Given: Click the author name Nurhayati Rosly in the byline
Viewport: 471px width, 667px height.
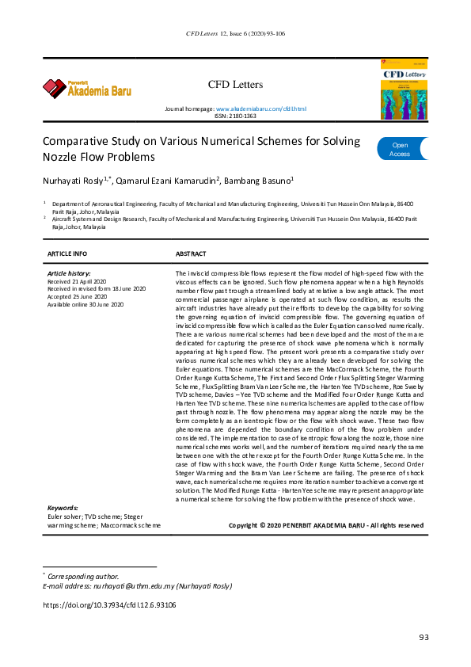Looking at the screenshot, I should click(76, 181).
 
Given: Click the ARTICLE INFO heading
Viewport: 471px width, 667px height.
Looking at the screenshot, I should click(68, 253).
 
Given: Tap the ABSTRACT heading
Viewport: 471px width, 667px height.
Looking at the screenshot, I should click(191, 253).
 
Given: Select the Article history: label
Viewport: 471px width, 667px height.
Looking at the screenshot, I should click(70, 273).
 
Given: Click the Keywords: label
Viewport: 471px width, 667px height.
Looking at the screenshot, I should click(63, 508).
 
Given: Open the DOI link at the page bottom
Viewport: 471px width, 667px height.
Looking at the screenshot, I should click(109, 604).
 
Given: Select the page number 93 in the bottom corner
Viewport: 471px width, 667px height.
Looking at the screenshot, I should click(424, 638).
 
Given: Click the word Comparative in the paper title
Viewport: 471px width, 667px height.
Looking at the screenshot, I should click(76, 142).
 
